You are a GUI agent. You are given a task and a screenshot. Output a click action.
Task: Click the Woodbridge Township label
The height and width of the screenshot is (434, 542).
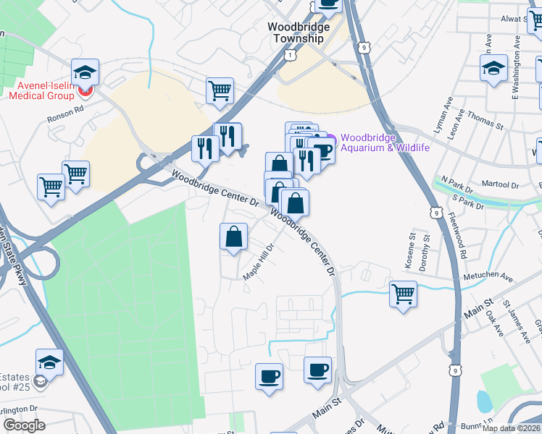tap(298, 33)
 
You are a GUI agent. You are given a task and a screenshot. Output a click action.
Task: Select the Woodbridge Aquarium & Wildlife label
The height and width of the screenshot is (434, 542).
tap(385, 142)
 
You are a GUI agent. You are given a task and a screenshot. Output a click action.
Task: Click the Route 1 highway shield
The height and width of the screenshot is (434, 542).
tap(291, 55)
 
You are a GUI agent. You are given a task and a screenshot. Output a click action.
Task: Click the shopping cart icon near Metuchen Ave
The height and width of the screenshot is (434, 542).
tap(403, 294)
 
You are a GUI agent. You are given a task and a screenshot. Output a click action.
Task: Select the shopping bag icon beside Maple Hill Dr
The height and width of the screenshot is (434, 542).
tap(233, 236)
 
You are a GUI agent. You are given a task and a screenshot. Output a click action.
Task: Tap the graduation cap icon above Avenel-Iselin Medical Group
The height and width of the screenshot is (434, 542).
tap(85, 72)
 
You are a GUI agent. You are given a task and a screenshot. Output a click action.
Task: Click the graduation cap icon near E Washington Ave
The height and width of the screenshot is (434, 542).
tap(494, 68)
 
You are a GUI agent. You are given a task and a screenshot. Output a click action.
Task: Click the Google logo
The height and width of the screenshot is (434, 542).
tap(24, 425)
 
